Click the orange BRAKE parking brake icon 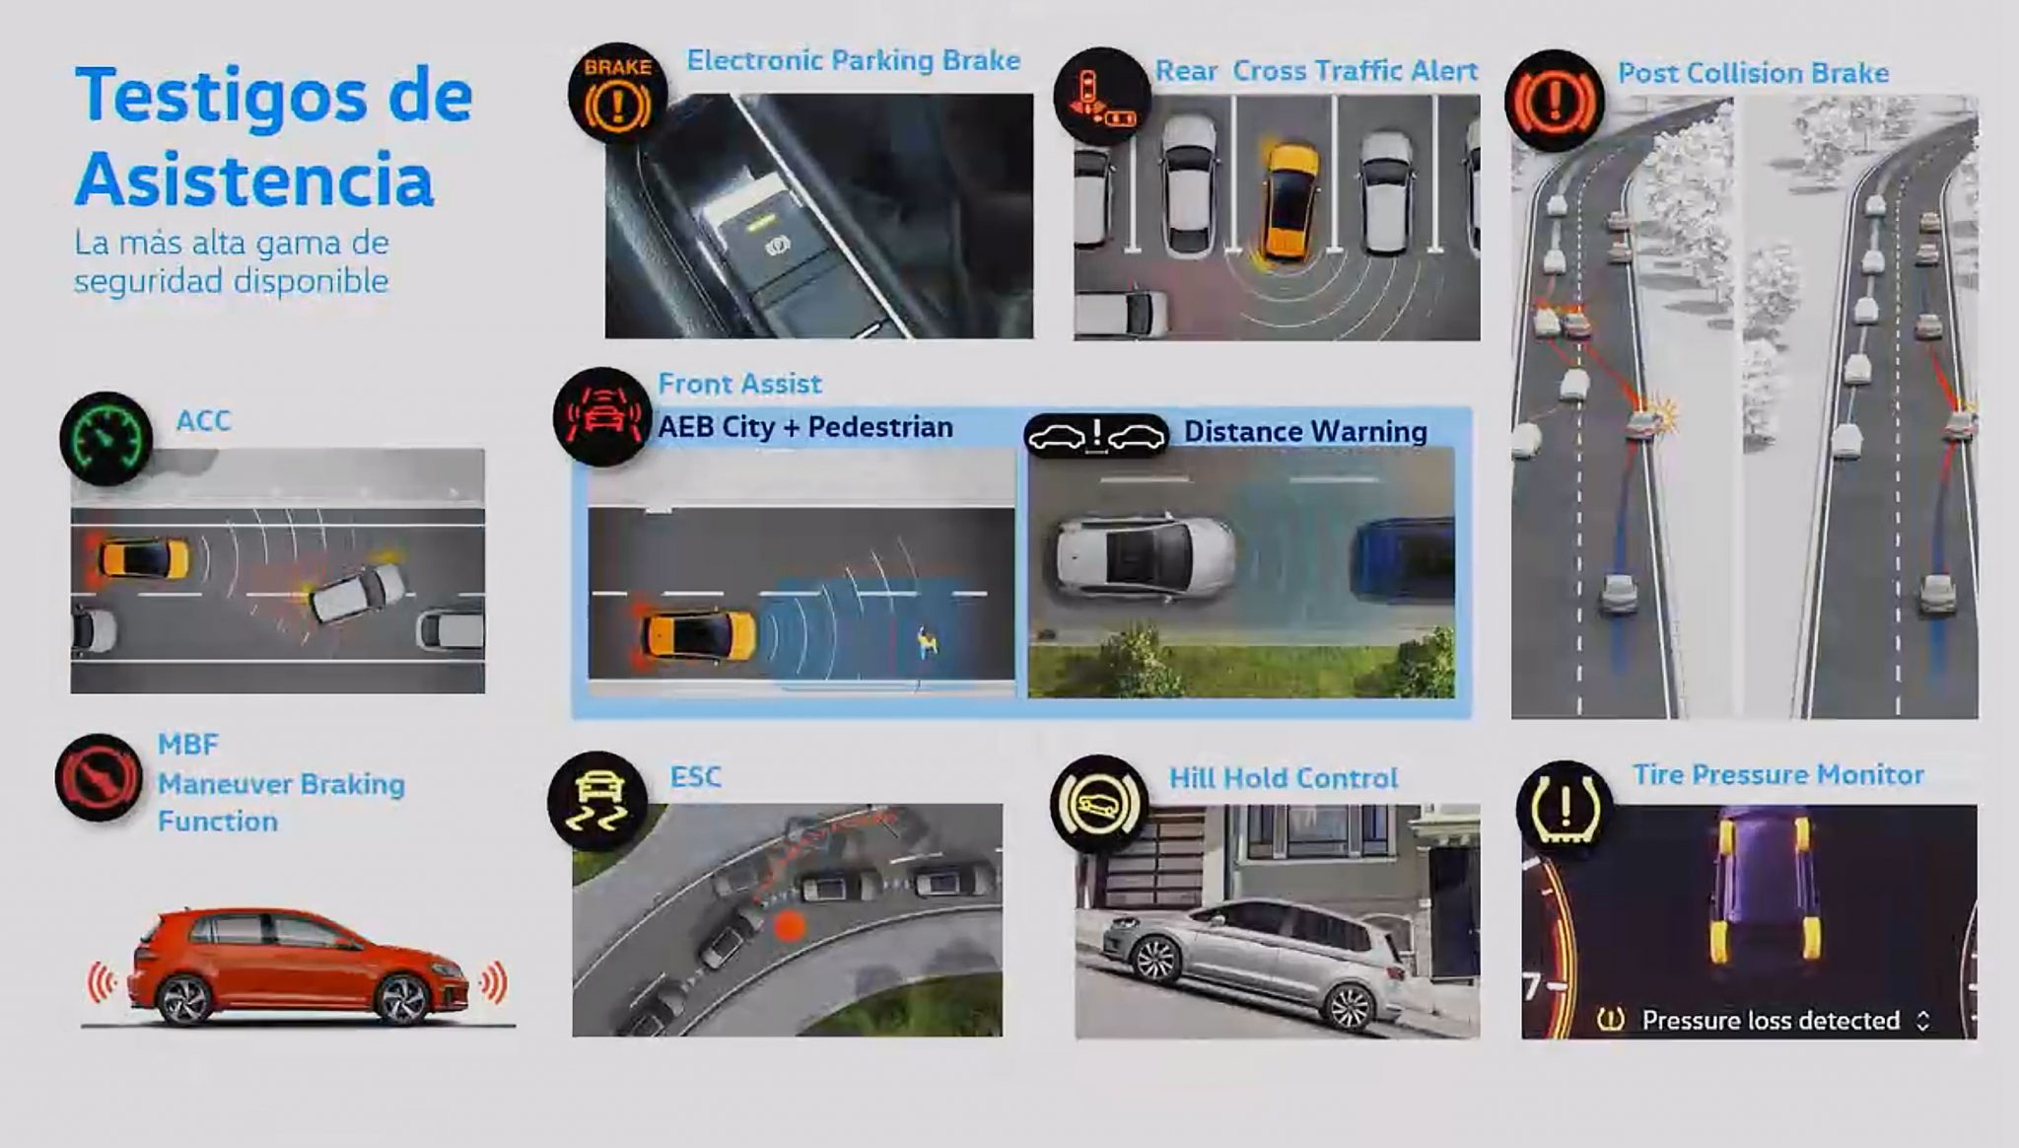click(618, 95)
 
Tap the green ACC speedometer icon click(106, 438)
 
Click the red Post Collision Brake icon click(1555, 101)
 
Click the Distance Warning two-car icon click(1096, 435)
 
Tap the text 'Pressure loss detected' click(1771, 1020)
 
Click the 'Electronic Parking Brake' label click(854, 60)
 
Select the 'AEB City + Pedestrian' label click(805, 427)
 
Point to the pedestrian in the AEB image click(926, 642)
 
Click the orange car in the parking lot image click(1288, 202)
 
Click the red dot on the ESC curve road click(789, 926)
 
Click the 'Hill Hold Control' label click(1284, 778)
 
